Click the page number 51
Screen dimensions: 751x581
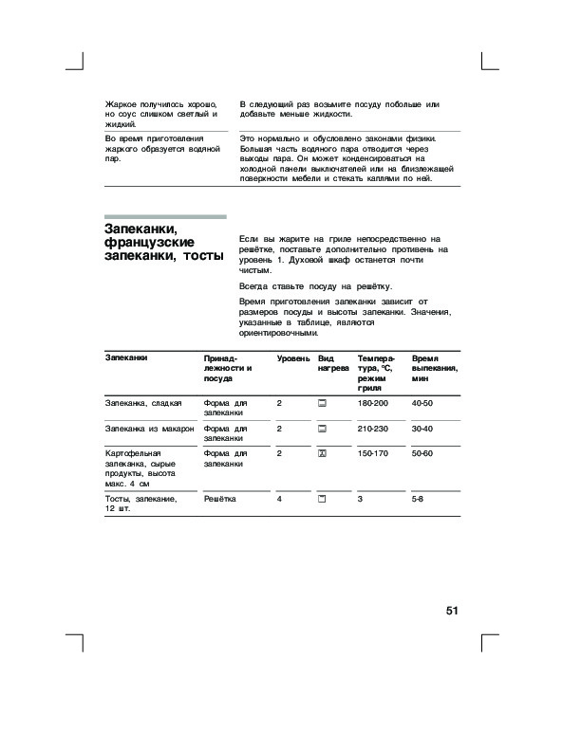coord(452,611)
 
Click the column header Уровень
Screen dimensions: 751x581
coord(292,359)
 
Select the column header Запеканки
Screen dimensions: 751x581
coord(125,359)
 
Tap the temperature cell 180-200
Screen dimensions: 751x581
coord(373,404)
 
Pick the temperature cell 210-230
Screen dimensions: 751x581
coord(373,430)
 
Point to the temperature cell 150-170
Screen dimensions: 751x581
coord(373,454)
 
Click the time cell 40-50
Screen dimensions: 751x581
coord(422,404)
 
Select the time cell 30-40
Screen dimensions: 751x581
coord(422,430)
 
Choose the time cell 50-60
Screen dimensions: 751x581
coord(422,454)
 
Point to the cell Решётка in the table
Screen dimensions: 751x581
coord(220,498)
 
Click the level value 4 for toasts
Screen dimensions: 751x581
coord(279,498)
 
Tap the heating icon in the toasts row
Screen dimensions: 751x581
coord(323,498)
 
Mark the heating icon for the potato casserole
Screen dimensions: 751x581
coord(323,454)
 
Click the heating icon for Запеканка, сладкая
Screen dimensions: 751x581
coord(323,404)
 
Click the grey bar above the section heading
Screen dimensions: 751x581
coord(164,216)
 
